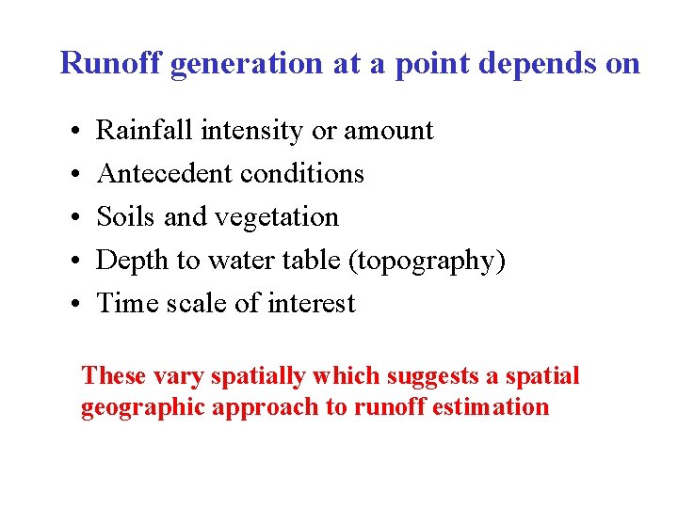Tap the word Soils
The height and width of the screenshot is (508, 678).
coord(126,216)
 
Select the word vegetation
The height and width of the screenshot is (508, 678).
coord(276,218)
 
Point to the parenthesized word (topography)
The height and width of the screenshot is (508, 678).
coord(427,262)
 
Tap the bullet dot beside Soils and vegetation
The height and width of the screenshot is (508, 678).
coord(73,217)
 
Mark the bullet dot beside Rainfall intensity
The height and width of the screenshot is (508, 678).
coord(73,131)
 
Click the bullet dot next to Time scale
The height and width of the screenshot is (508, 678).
coord(73,304)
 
